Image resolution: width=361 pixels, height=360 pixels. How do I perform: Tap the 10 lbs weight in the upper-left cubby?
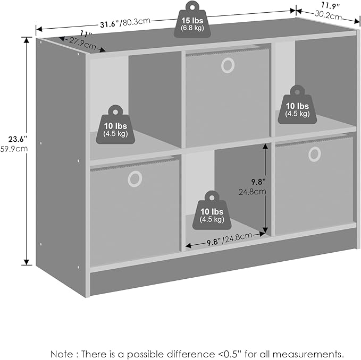point(115,125)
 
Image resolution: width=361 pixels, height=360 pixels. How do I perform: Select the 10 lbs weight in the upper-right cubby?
point(297,105)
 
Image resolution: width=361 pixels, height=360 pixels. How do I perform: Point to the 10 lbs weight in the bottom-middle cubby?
point(212,210)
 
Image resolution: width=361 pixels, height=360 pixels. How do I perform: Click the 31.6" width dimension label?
point(110,24)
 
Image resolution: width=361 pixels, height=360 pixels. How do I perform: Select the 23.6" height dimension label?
point(18,139)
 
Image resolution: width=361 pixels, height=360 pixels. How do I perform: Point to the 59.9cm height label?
point(14,149)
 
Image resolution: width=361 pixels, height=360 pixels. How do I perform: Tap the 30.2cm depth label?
point(329,15)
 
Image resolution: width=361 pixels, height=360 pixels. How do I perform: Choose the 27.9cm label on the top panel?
point(82,44)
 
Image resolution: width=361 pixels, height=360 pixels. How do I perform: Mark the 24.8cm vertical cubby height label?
point(253,192)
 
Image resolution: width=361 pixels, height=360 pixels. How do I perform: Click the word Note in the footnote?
point(61,354)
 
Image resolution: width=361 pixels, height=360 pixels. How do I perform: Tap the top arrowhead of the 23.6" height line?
point(27,40)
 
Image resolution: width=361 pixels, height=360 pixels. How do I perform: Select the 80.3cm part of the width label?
point(136,22)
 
